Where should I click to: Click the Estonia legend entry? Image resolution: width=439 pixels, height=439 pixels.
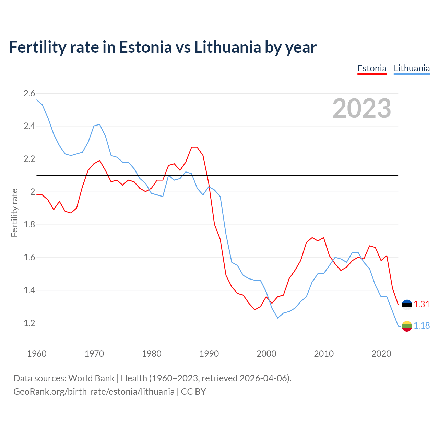[372, 68]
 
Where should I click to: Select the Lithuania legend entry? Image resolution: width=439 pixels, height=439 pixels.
[412, 68]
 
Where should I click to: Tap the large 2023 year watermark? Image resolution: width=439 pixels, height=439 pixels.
[362, 108]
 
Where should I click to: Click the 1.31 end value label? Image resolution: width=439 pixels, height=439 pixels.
[422, 304]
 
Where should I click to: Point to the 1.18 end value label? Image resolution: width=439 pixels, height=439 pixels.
[422, 325]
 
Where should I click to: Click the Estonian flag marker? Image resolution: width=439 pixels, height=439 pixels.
[407, 305]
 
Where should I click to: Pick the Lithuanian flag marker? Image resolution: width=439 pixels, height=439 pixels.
[407, 326]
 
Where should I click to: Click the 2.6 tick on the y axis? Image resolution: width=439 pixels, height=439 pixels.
[29, 93]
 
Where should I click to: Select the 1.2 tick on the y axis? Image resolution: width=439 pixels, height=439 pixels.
[29, 323]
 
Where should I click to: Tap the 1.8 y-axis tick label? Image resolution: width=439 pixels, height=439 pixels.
[29, 225]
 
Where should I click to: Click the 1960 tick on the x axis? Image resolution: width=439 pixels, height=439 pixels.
[37, 354]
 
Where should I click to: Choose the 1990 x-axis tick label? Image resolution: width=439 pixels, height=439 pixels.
[209, 354]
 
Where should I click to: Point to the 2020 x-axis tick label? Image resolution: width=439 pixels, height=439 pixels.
[381, 354]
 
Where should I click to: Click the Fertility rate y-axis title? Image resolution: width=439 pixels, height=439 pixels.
[14, 213]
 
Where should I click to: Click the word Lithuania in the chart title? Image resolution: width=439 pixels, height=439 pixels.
[227, 47]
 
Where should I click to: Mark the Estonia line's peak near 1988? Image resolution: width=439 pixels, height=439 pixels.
[194, 147]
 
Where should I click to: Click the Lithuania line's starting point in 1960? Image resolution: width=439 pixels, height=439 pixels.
[37, 100]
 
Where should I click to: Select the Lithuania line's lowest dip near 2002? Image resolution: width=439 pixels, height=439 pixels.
[278, 318]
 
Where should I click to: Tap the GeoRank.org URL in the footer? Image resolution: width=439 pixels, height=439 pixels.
[94, 392]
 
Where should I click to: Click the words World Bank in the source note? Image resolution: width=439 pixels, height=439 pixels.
[91, 378]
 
